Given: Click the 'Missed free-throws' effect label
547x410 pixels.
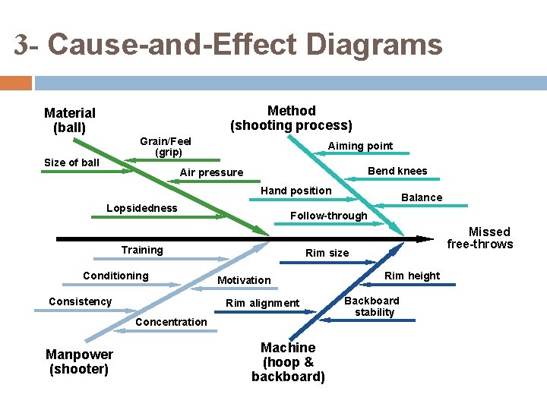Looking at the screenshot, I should [479, 238].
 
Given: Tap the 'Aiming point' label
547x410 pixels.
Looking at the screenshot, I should [360, 146].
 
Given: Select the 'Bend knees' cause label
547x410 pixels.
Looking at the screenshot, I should [397, 171].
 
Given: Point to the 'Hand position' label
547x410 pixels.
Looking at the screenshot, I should [296, 191].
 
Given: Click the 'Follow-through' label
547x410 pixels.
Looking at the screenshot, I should [328, 216].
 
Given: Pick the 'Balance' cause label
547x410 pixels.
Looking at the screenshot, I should [422, 197].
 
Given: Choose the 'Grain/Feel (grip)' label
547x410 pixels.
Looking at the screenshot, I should [166, 147].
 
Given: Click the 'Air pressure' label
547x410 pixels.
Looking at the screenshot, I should [211, 172].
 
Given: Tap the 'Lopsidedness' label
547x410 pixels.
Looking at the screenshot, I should [142, 208].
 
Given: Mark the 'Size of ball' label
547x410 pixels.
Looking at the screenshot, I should [71, 162].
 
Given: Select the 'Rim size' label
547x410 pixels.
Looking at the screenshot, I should [327, 253].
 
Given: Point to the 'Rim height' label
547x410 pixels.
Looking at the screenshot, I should [412, 276].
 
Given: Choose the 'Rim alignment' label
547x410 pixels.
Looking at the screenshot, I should [263, 304].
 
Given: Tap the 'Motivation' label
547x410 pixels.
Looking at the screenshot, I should [244, 280].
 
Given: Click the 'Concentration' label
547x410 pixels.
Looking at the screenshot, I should [171, 322].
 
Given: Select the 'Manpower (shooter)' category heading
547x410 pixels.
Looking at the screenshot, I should [79, 362].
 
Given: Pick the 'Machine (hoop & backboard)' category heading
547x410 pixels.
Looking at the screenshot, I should [288, 362].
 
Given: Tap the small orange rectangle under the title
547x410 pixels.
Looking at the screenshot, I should [15, 82].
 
